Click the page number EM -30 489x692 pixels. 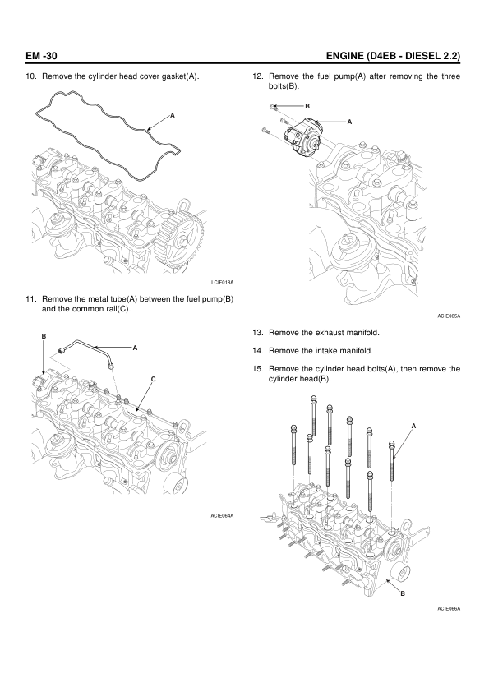click(x=41, y=56)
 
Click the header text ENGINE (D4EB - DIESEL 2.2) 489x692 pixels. click(x=393, y=56)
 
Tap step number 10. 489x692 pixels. click(x=31, y=76)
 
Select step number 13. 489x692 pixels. click(x=258, y=332)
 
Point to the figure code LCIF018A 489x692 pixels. click(x=222, y=282)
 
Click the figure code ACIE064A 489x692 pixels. click(x=222, y=515)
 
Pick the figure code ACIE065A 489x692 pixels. click(x=449, y=316)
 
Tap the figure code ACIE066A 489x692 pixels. click(x=449, y=609)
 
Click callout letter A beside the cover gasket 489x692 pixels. click(x=173, y=115)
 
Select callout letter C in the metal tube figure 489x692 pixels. click(x=153, y=379)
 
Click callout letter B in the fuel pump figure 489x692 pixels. click(x=307, y=106)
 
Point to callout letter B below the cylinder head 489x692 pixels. click(x=403, y=593)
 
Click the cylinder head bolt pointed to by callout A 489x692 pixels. click(x=391, y=460)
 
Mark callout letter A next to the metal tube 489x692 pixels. click(x=136, y=348)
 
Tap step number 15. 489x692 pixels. click(x=258, y=369)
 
